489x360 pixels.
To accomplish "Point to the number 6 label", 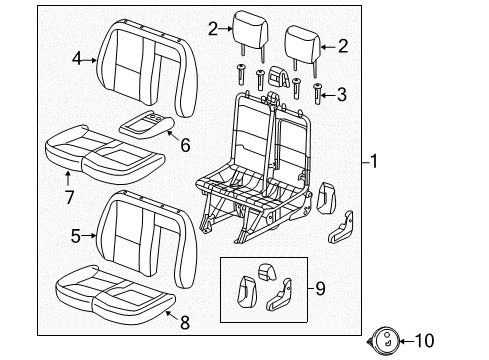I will click(x=185, y=143).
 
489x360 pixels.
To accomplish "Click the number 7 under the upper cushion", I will click(x=68, y=198).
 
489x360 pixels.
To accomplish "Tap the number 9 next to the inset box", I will click(x=319, y=289).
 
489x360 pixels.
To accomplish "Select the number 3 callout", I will click(x=343, y=94).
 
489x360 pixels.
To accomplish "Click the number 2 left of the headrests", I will click(x=213, y=30).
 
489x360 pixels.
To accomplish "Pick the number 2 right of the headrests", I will click(x=343, y=45).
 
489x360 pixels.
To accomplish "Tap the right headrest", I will click(x=301, y=42).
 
